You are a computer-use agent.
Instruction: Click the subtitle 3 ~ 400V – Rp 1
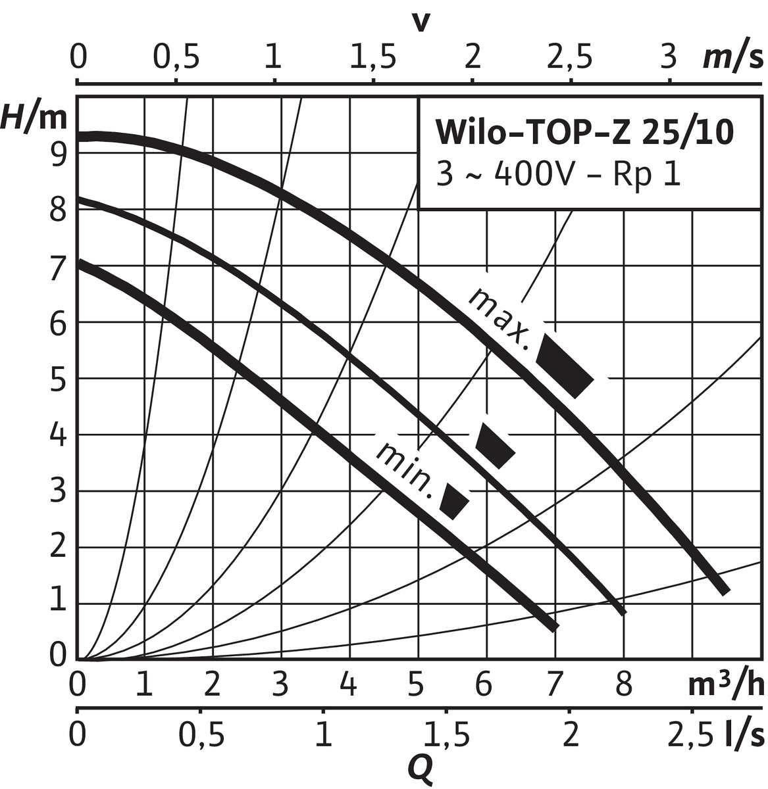[557, 176]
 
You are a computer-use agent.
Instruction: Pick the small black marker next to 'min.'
[454, 502]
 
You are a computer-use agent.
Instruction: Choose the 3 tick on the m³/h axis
[280, 686]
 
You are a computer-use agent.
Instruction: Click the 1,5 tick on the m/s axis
[372, 58]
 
